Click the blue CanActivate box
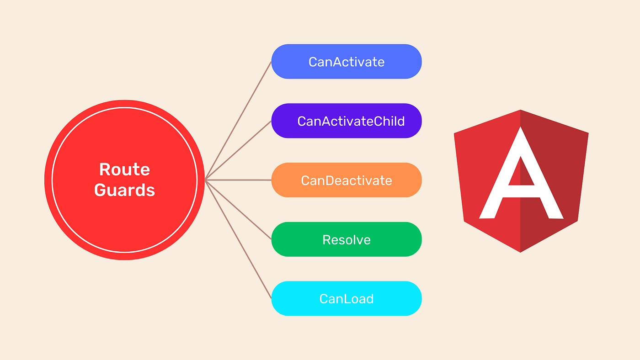coord(346,62)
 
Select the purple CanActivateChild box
coord(346,121)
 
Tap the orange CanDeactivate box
coord(346,180)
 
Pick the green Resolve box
coord(346,239)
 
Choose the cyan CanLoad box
coord(346,299)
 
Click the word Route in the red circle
coord(124,169)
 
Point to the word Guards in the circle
coord(124,190)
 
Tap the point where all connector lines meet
coord(206,180)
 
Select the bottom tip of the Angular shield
coord(521,251)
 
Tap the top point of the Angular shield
coord(521,111)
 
